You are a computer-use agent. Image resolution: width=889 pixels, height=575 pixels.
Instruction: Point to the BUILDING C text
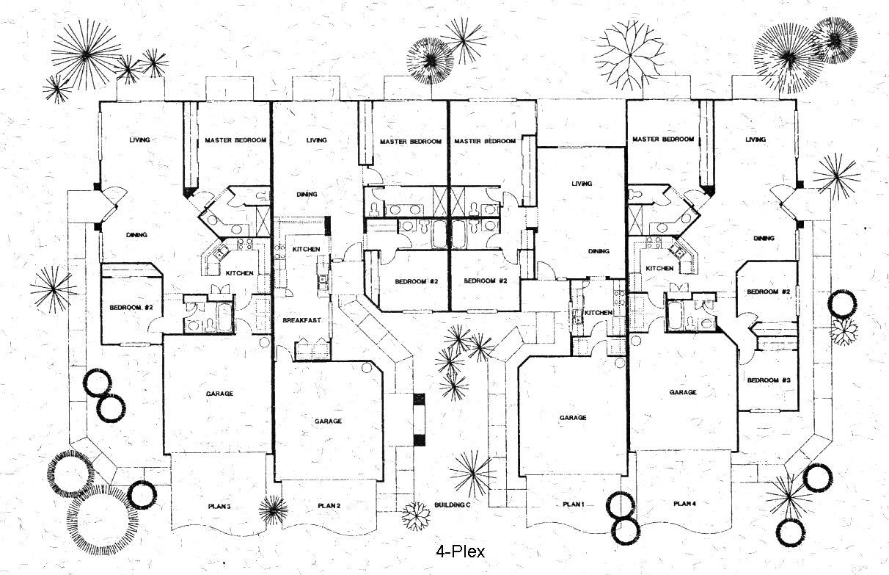click(x=452, y=505)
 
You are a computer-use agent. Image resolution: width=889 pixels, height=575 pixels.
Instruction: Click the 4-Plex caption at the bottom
click(x=460, y=550)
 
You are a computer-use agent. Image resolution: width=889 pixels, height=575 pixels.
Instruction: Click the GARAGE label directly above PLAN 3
click(x=219, y=394)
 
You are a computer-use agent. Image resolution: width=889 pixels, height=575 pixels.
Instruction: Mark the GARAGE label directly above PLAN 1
click(x=573, y=418)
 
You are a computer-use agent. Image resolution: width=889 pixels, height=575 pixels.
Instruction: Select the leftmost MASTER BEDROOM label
click(x=235, y=140)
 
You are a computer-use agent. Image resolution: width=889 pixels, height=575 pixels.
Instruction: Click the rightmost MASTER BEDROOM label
click(x=663, y=140)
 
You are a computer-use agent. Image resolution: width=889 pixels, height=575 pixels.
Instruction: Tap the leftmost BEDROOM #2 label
click(x=131, y=307)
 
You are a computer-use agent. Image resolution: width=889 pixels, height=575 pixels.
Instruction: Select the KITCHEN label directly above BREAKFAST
click(x=306, y=250)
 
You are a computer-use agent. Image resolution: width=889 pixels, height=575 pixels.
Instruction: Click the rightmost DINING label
click(x=764, y=239)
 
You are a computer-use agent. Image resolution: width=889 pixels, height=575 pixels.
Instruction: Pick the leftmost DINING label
click(x=137, y=235)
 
